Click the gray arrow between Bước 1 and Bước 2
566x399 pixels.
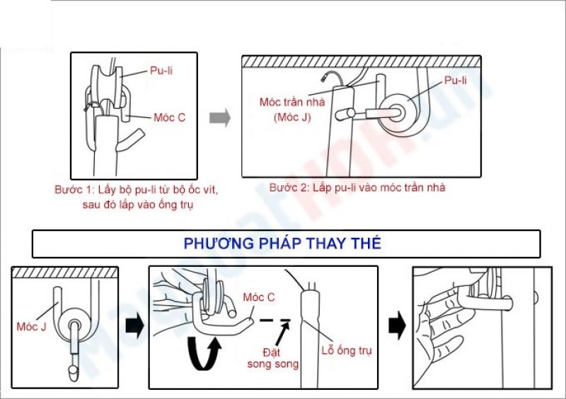point(221,118)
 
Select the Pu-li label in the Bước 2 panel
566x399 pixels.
point(455,81)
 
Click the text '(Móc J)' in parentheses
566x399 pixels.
point(292,117)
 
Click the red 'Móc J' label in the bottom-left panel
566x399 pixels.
point(32,326)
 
